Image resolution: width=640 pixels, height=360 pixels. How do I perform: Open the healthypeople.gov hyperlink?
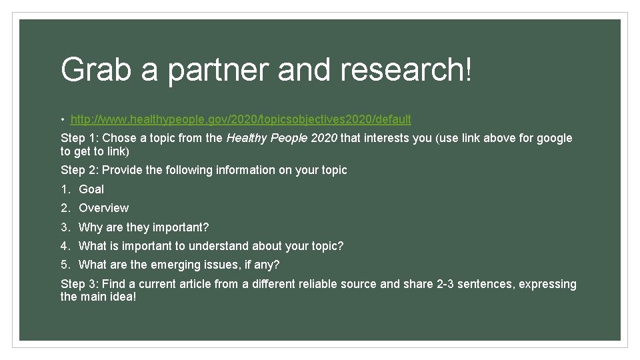pos(241,119)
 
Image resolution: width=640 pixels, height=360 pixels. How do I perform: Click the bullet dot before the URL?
pos(62,120)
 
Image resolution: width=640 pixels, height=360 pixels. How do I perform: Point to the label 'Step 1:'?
pos(79,139)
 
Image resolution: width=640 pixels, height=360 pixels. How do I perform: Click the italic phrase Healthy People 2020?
pos(282,138)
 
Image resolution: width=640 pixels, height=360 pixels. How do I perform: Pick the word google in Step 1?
pos(554,138)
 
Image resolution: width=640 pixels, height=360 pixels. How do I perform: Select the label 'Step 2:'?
pos(79,171)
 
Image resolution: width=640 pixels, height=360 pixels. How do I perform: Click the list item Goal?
pos(91,189)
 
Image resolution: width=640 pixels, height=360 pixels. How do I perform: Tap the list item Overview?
pos(103,208)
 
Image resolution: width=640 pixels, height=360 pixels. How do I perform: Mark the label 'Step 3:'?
pos(79,285)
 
